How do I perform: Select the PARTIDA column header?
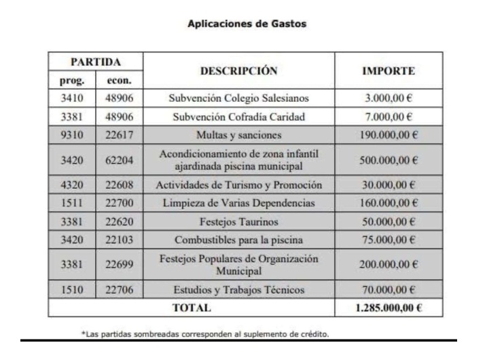(95, 61)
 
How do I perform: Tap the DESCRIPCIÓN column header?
(239, 70)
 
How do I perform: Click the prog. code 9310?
(71, 133)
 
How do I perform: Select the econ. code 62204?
(119, 158)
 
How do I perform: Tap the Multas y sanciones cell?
(239, 133)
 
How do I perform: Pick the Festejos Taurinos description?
(239, 221)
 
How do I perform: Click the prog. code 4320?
(71, 185)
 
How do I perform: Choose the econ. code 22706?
(119, 290)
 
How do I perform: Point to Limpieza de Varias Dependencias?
(239, 203)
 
